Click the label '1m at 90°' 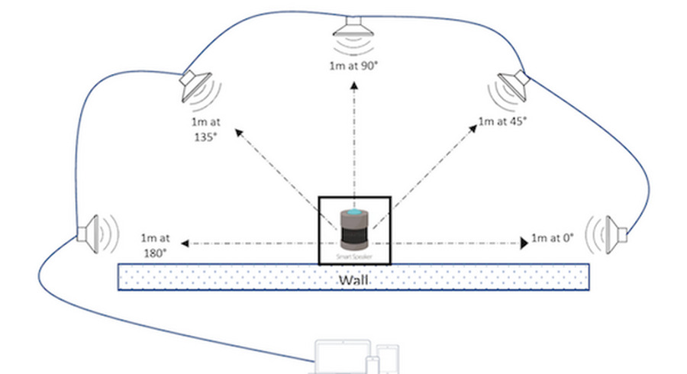click(x=353, y=66)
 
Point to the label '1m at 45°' click(x=503, y=121)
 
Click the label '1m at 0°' click(x=552, y=237)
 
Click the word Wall click(x=354, y=280)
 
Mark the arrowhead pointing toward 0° click(x=524, y=243)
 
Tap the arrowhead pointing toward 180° click(x=184, y=243)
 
